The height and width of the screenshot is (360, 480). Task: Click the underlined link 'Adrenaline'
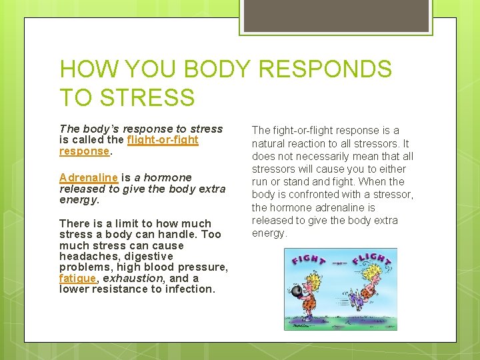[89, 177]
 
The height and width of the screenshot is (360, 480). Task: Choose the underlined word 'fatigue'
[77, 278]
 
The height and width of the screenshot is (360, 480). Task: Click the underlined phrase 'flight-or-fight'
[163, 140]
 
